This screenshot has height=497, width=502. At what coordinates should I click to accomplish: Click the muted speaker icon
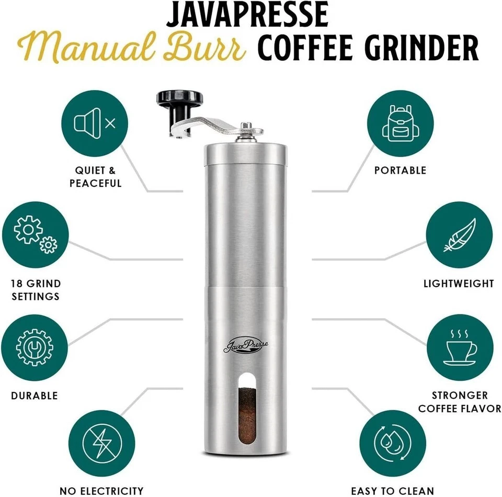click(x=95, y=123)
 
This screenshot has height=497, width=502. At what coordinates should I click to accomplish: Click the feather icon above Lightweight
click(x=459, y=235)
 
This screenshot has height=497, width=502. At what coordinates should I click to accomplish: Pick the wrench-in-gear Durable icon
click(x=35, y=347)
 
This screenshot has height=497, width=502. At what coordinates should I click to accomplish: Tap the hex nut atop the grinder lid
click(x=245, y=127)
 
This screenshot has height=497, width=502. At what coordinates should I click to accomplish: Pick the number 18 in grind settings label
click(x=17, y=284)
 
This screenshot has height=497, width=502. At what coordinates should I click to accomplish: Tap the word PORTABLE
click(x=400, y=170)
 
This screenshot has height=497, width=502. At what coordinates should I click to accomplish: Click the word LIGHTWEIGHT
click(x=459, y=284)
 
